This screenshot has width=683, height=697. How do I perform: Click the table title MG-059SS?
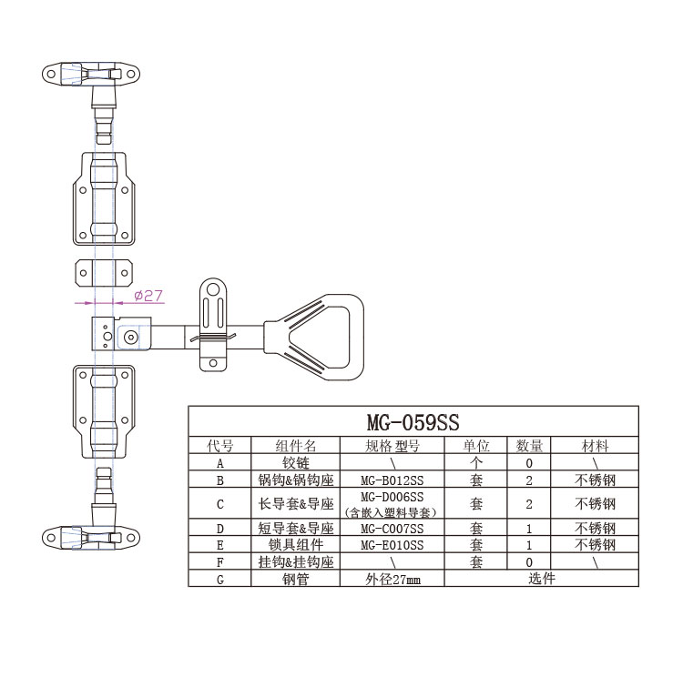(413, 422)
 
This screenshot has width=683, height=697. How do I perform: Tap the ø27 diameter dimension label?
(148, 296)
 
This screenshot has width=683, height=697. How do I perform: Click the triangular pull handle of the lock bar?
(315, 337)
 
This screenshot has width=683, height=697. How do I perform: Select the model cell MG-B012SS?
(392, 480)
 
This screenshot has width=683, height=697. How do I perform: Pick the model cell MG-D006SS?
(392, 497)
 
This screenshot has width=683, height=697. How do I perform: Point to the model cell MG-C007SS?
(392, 529)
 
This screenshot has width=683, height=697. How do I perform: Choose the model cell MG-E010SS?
(392, 545)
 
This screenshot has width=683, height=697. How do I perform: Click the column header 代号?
(219, 446)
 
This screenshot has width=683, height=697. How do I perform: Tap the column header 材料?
(595, 446)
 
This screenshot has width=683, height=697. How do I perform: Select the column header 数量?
(529, 446)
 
